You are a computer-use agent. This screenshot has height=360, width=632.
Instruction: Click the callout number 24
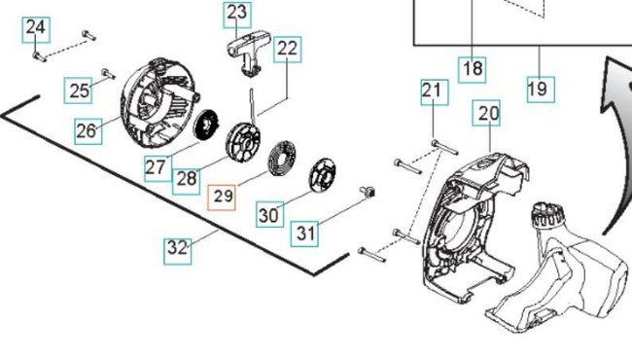pos(35,26)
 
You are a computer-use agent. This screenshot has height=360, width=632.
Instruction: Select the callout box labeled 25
pos(80,91)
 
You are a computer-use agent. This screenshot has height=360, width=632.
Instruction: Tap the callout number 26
pos(88,129)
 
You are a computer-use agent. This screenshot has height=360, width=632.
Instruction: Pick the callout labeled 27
pos(156,166)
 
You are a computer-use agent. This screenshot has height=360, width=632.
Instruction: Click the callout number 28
pos(186,179)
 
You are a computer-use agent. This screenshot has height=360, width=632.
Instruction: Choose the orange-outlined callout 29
pos(223,197)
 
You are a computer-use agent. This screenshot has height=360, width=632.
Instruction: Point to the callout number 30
pos(270,214)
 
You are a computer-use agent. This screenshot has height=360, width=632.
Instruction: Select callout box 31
pos(306,233)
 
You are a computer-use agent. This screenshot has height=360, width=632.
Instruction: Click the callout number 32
pos(177,248)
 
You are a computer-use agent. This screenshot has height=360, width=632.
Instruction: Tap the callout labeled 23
pos(237,14)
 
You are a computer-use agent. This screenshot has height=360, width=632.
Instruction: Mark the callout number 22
pos(287,48)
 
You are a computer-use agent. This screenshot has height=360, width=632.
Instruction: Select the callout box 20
pos(488,114)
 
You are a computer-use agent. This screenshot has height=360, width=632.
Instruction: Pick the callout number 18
pos(473,69)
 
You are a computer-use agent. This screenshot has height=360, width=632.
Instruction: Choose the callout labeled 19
pos(538,90)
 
